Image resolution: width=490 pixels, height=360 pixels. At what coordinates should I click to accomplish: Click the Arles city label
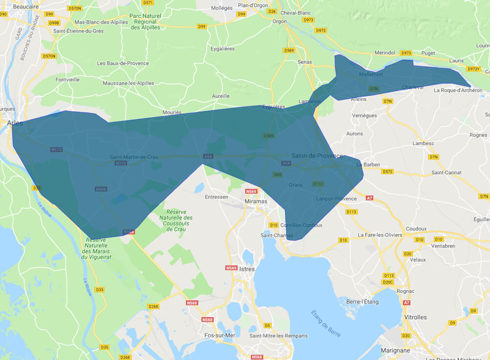click(15, 123)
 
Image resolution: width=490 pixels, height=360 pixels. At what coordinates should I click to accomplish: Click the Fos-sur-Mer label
click(220, 335)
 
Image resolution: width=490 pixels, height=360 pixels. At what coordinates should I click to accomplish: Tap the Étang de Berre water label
click(326, 324)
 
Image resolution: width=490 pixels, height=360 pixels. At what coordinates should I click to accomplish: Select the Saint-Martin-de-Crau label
click(133, 157)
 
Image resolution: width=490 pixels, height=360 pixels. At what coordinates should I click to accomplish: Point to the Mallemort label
click(371, 75)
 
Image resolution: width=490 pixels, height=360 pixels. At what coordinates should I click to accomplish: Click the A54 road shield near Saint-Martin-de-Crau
click(207, 156)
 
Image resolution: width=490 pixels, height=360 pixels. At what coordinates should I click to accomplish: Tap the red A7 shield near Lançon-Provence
click(369, 198)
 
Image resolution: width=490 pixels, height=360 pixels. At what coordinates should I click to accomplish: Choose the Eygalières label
click(222, 49)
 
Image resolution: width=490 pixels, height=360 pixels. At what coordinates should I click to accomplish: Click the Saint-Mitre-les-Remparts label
click(278, 335)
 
